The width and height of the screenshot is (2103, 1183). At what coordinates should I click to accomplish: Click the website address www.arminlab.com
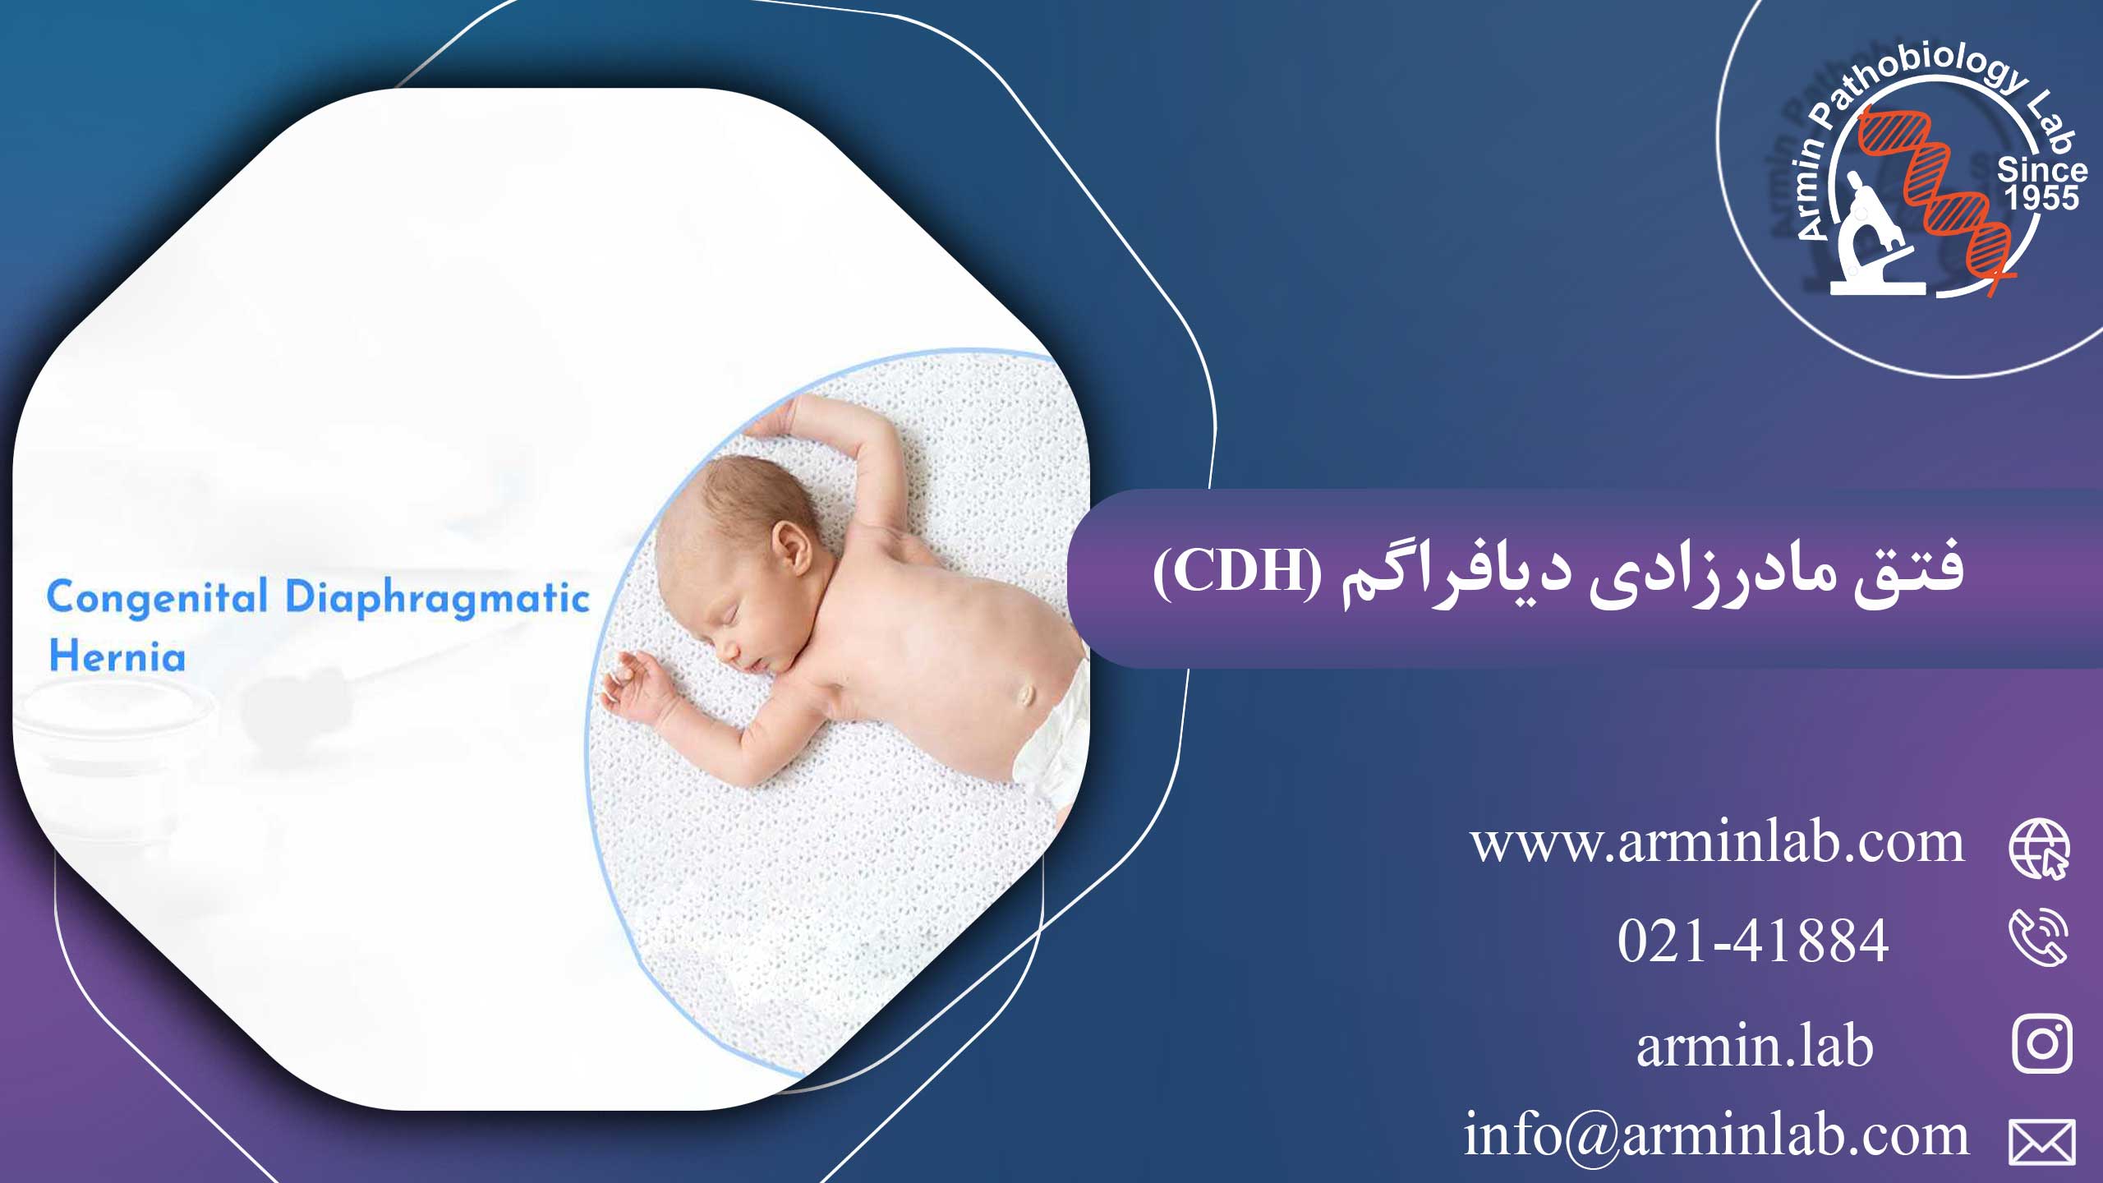tap(1717, 844)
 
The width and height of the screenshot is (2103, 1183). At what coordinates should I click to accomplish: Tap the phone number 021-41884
tap(1752, 941)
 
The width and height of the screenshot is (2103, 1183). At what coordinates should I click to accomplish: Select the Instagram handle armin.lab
tap(1755, 1047)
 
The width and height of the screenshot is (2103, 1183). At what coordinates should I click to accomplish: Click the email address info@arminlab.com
tap(1715, 1135)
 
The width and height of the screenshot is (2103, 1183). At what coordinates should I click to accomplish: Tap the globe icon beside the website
tap(2039, 849)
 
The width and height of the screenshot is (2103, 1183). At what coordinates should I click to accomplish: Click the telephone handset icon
tap(2038, 937)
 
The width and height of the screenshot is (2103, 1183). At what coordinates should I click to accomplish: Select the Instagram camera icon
tap(2042, 1044)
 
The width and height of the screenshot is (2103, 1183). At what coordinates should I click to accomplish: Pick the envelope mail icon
tap(2042, 1142)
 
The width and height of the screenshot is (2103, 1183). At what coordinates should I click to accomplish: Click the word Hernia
tap(117, 656)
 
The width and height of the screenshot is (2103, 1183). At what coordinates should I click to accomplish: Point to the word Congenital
tap(157, 598)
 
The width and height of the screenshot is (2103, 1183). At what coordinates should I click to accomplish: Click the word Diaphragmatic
tap(437, 598)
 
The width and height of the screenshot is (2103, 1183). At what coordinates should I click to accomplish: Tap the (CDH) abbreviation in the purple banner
tap(1237, 573)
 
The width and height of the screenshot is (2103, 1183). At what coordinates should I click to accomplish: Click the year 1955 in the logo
tap(2041, 198)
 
